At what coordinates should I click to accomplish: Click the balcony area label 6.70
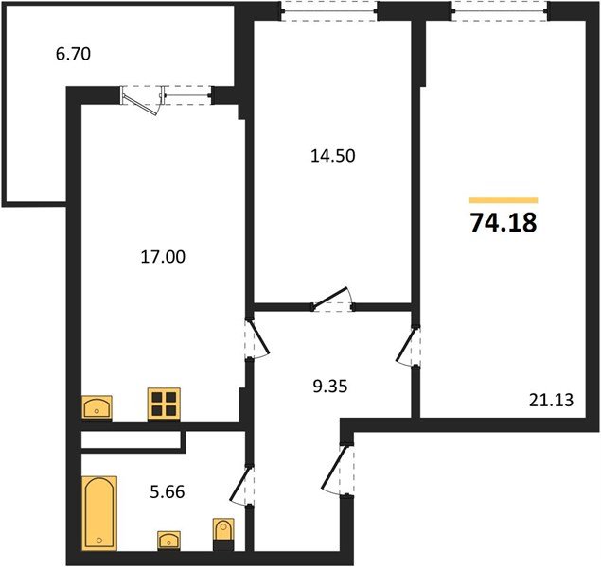click(72, 56)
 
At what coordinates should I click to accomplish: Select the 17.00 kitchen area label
click(157, 254)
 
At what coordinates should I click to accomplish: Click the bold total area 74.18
click(504, 223)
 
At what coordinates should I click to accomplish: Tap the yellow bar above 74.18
click(504, 200)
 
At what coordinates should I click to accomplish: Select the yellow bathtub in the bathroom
click(98, 511)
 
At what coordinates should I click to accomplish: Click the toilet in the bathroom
click(223, 532)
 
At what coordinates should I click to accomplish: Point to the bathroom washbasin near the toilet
click(170, 540)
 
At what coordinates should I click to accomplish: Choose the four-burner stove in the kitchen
click(164, 404)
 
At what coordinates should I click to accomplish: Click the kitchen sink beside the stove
click(98, 406)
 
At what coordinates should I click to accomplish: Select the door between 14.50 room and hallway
click(333, 300)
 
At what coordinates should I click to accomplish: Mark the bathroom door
click(243, 488)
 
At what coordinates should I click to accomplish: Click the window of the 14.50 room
click(329, 10)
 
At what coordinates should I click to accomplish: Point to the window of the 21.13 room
click(499, 10)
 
